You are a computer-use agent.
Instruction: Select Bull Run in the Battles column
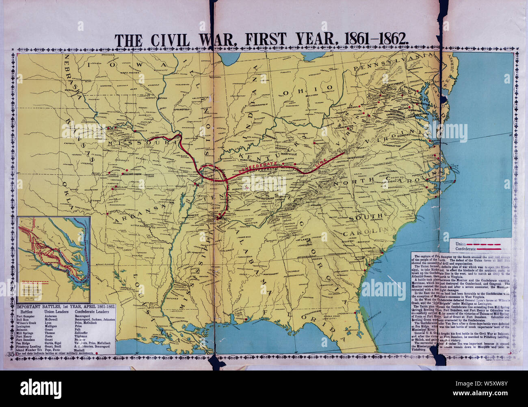23,320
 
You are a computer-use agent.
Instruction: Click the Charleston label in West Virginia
346,126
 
